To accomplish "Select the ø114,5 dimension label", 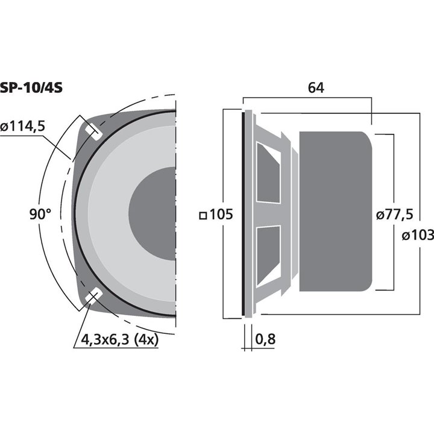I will (24, 127).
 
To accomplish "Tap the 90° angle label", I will (40, 213).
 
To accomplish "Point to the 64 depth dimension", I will (316, 87).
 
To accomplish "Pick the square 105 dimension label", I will (216, 215).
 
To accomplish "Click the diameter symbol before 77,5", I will (379, 215).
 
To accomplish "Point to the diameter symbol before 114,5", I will (5, 128).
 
